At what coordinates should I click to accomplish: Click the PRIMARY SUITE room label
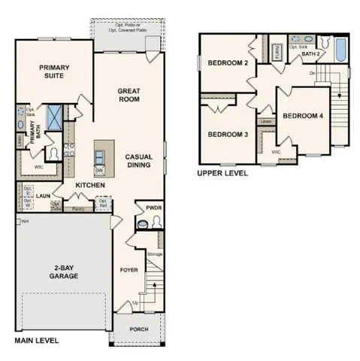55,71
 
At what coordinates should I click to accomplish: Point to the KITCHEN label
89,185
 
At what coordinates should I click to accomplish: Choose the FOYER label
130,268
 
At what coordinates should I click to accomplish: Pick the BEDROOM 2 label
228,63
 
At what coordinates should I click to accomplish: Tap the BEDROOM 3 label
228,134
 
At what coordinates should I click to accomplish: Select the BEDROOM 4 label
303,116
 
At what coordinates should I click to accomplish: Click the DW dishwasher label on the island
98,169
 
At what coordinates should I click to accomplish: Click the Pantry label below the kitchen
77,209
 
